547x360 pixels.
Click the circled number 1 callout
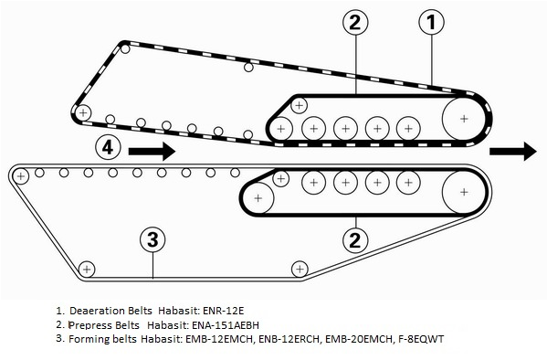pos(432,22)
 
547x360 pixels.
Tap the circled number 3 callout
pos(153,239)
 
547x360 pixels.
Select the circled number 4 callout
pos(108,147)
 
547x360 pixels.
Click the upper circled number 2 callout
pos(355,22)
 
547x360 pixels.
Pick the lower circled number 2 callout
pos(355,240)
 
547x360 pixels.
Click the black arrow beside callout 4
pos(152,151)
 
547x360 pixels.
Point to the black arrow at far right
pos(513,151)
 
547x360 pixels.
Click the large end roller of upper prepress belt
pos(464,119)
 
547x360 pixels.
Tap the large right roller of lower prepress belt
pos(464,192)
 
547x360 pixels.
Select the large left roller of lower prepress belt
pos(258,198)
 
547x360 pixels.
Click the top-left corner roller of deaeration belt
pos(125,48)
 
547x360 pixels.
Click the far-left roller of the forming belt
pos(21,176)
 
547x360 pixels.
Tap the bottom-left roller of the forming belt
pos(87,270)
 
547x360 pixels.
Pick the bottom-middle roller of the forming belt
pos(300,270)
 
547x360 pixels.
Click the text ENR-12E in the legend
pos(223,311)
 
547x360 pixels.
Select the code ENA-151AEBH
pos(226,325)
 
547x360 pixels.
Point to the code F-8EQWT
pos(421,339)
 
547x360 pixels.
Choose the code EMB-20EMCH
pos(359,339)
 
